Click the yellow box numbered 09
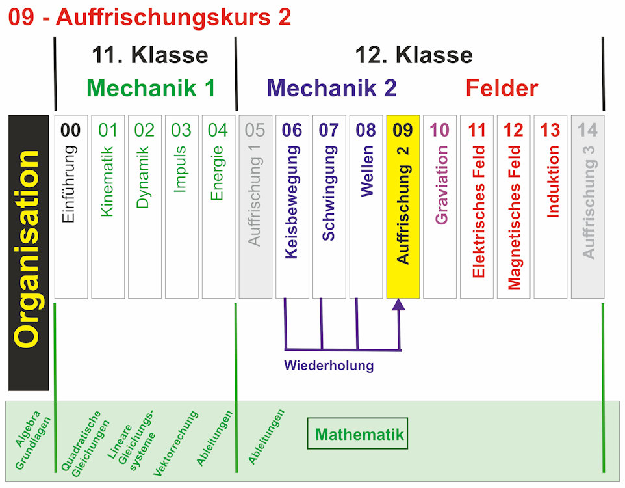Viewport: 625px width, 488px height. (403, 207)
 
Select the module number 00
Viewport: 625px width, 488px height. (70, 130)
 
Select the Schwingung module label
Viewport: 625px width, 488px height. (329, 194)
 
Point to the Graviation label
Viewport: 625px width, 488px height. (440, 185)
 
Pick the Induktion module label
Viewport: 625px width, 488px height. (551, 181)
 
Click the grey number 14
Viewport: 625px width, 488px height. (587, 130)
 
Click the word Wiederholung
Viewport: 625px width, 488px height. (329, 365)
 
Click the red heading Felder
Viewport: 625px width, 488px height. (502, 88)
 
